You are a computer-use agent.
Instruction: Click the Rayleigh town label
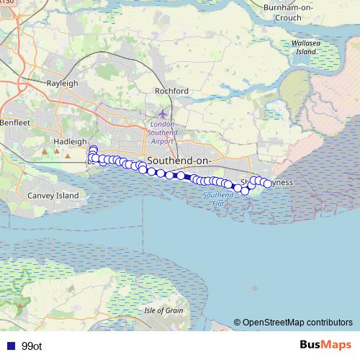pyautogui.click(x=62, y=84)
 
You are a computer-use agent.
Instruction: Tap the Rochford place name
pyautogui.click(x=171, y=91)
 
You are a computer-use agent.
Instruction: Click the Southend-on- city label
pyautogui.click(x=177, y=159)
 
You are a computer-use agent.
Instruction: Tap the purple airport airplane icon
pyautogui.click(x=162, y=114)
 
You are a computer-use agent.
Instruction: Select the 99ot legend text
pyautogui.click(x=32, y=346)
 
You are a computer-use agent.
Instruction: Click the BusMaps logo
pyautogui.click(x=325, y=345)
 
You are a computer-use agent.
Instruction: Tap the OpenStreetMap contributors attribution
pyautogui.click(x=293, y=322)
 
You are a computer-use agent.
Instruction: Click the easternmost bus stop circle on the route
pyautogui.click(x=268, y=184)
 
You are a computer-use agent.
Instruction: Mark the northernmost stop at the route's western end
pyautogui.click(x=92, y=149)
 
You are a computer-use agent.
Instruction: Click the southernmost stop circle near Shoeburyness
pyautogui.click(x=245, y=191)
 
